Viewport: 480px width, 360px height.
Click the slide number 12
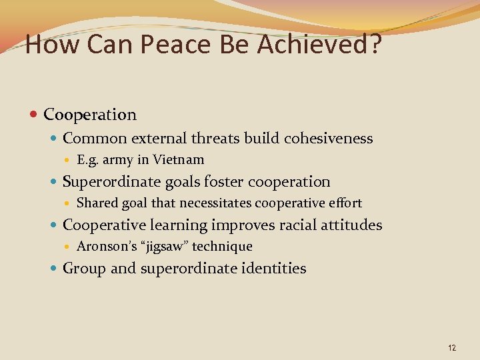pos(452,347)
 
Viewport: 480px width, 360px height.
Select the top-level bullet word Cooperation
pos(90,115)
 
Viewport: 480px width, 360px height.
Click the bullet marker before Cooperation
pos(35,115)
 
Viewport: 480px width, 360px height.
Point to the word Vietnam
pos(179,160)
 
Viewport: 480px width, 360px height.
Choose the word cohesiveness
pos(328,139)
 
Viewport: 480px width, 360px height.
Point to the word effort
pos(346,203)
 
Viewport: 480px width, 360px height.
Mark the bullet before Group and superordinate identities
pos(54,269)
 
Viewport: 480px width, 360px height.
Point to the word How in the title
pos(46,45)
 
